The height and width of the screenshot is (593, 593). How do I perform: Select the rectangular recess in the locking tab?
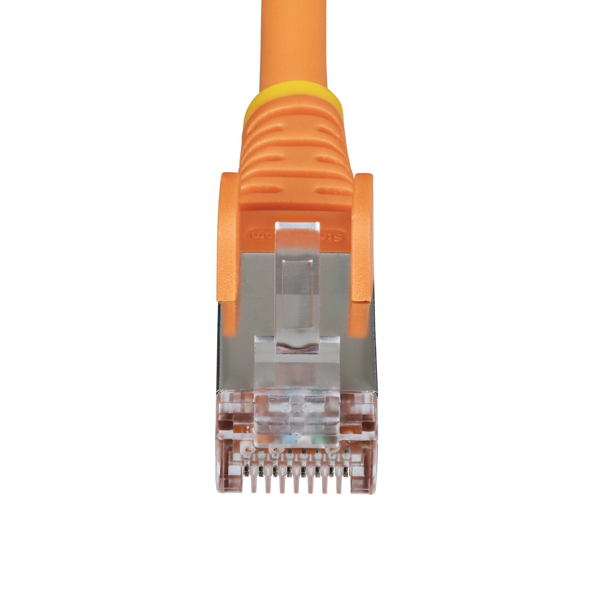point(297,295)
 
